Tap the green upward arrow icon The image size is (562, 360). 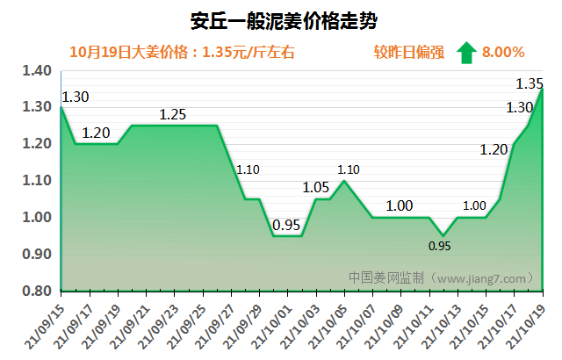(x=465, y=52)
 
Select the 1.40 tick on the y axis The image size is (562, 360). (x=37, y=70)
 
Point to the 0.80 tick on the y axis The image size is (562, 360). (x=37, y=291)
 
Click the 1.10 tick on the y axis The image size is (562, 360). (x=37, y=181)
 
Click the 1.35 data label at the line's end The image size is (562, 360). (x=530, y=84)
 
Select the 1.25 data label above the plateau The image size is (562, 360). (x=173, y=114)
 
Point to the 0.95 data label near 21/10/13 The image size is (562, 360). (x=440, y=247)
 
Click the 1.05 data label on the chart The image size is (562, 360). (x=316, y=186)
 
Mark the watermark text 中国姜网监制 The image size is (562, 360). (x=386, y=277)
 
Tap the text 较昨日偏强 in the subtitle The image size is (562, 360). (x=405, y=53)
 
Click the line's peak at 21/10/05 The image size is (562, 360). (x=343, y=181)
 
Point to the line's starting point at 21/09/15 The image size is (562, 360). (x=61, y=107)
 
